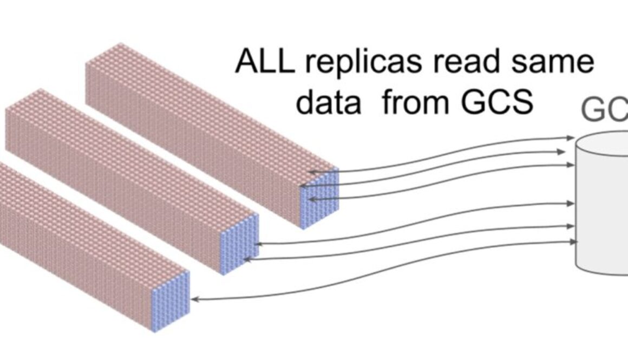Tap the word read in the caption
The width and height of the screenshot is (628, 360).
(460, 62)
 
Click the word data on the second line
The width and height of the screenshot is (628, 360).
(328, 101)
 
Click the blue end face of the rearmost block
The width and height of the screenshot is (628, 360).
(319, 198)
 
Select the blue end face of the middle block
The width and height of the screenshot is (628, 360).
(241, 244)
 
